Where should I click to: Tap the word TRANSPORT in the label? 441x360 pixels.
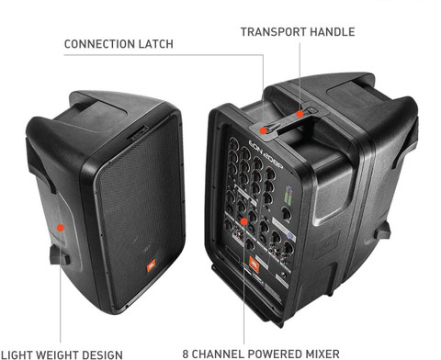pos(273,32)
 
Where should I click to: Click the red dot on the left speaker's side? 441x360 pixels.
pos(59,227)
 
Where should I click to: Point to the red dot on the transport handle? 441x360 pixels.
pos(300,115)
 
